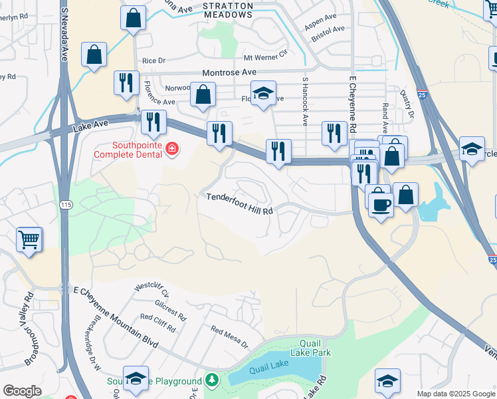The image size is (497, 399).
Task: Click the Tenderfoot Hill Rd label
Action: pyautogui.click(x=239, y=198)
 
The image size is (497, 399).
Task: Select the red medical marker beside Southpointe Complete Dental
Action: pyautogui.click(x=172, y=147)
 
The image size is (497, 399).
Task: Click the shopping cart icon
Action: pyautogui.click(x=29, y=239)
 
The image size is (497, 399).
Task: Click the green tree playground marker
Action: pyautogui.click(x=211, y=380)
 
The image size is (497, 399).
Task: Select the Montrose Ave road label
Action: pyautogui.click(x=229, y=72)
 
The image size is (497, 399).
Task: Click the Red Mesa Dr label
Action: pyautogui.click(x=229, y=338)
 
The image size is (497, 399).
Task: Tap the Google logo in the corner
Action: pyautogui.click(x=22, y=391)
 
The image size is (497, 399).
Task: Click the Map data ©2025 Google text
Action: pyautogui.click(x=455, y=394)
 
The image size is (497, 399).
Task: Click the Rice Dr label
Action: pyautogui.click(x=153, y=61)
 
